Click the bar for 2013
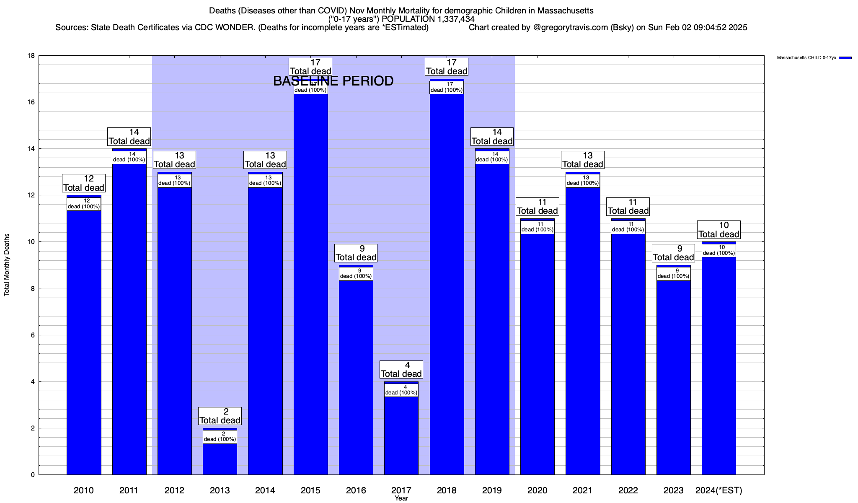(x=220, y=459)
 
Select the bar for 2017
(x=401, y=436)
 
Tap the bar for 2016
(x=356, y=377)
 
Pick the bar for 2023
(x=673, y=377)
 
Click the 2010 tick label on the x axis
(x=84, y=490)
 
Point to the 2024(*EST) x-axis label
(x=718, y=490)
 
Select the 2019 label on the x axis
(x=492, y=490)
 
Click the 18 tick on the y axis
(x=31, y=56)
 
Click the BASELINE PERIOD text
(x=333, y=81)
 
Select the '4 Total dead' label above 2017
(x=401, y=369)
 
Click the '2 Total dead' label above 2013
(x=220, y=416)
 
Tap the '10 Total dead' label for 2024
(x=719, y=230)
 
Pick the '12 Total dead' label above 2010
(x=84, y=183)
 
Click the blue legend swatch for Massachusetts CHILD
(x=845, y=58)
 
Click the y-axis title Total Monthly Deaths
(x=7, y=265)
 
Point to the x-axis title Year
(x=401, y=498)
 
